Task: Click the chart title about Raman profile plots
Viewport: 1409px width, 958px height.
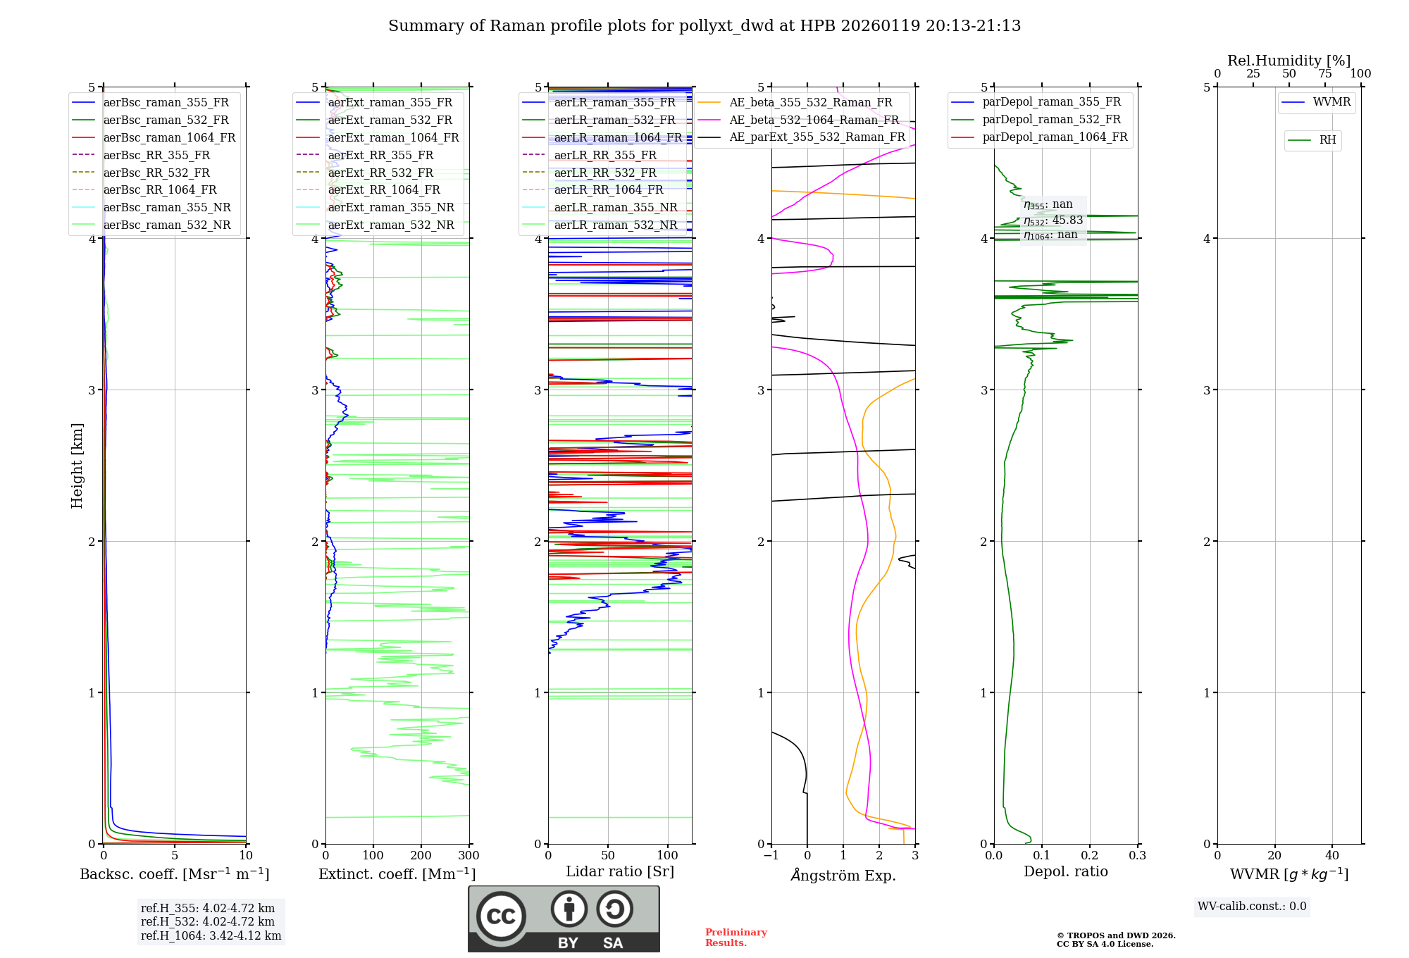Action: pyautogui.click(x=704, y=26)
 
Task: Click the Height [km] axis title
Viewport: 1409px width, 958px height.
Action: pyautogui.click(x=77, y=466)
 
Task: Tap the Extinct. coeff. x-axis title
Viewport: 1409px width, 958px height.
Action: pyautogui.click(x=397, y=874)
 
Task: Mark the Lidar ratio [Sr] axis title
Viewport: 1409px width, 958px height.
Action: pyautogui.click(x=620, y=871)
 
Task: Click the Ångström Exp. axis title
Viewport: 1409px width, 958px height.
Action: pyautogui.click(x=843, y=876)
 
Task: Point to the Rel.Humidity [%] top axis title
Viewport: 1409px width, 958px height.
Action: pyautogui.click(x=1289, y=61)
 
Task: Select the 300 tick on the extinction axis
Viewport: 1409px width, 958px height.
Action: pyautogui.click(x=469, y=856)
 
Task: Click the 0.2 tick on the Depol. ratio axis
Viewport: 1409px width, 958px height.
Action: pyautogui.click(x=1090, y=856)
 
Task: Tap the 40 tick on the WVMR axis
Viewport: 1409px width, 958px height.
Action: pyautogui.click(x=1332, y=856)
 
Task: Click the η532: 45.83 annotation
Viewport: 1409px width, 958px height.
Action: pyautogui.click(x=1053, y=220)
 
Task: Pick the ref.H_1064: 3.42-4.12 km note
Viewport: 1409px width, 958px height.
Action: pyautogui.click(x=211, y=936)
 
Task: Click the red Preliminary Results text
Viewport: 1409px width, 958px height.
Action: pyautogui.click(x=735, y=938)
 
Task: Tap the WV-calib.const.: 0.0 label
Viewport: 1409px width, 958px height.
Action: pyautogui.click(x=1252, y=907)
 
